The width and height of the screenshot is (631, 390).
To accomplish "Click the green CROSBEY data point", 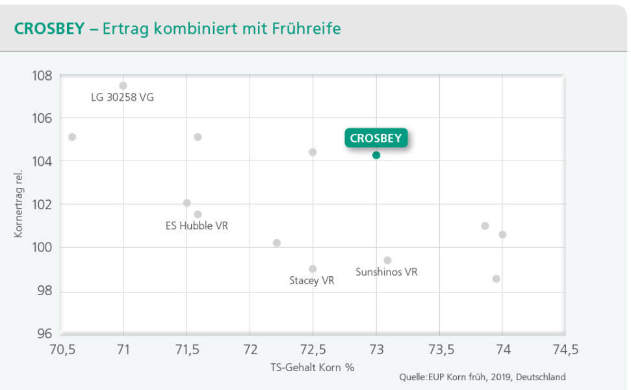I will [x=376, y=155].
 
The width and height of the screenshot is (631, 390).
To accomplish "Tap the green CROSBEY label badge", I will [x=376, y=138].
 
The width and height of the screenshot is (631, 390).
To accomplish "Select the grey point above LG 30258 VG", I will [x=123, y=85].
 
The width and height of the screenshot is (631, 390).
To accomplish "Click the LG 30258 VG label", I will [x=122, y=97].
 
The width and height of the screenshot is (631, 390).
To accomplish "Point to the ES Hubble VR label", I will [x=197, y=226].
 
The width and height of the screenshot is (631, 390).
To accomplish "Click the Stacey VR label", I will [x=312, y=281].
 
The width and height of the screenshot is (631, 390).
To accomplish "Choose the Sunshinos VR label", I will [x=387, y=272].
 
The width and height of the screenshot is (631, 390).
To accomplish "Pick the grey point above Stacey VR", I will [x=313, y=268].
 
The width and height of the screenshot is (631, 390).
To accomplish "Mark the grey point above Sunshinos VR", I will [x=387, y=260].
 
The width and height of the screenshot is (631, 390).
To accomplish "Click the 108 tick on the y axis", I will [x=42, y=75].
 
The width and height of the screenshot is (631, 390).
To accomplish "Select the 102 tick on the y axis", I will [x=42, y=204].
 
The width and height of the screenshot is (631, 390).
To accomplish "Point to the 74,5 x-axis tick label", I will [x=564, y=350].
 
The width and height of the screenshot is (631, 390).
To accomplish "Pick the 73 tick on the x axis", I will [x=376, y=350].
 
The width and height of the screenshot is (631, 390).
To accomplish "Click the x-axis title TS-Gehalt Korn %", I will [x=313, y=367].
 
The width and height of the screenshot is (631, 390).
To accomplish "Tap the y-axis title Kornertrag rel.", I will [x=19, y=204].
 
